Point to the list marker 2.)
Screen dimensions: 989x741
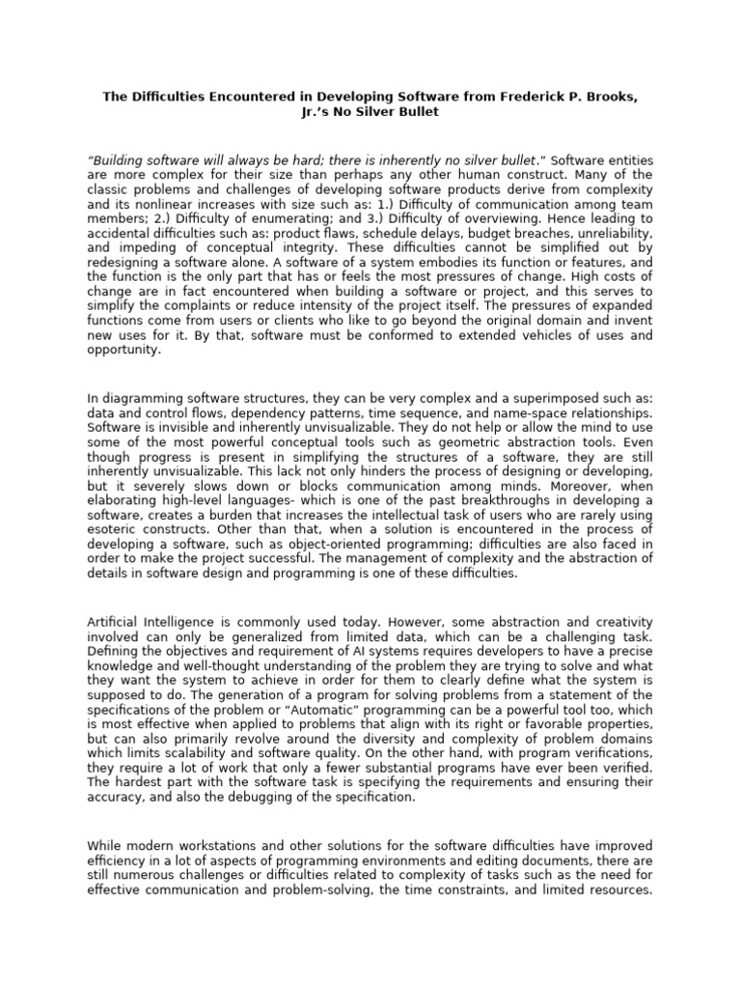[x=159, y=220]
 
